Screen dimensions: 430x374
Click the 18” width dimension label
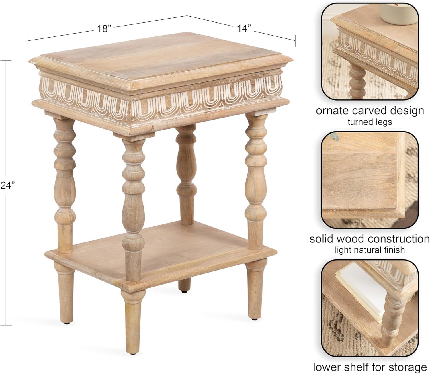104,28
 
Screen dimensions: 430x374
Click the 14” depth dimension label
244,28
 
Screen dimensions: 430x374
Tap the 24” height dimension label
8,185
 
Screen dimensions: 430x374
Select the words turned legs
370,122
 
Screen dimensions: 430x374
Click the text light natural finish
370,250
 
